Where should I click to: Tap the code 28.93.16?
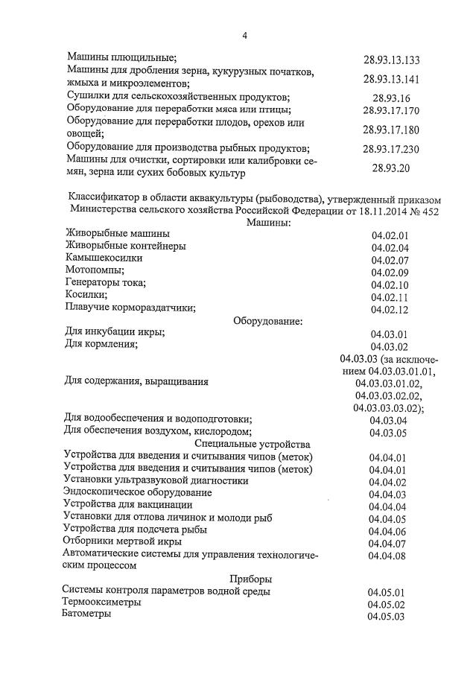[391, 98]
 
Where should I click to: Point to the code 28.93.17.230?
[391, 149]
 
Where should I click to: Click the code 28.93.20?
[391, 168]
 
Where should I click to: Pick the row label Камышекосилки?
[104, 258]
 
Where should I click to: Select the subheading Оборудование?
[268, 321]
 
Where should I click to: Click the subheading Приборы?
[250, 579]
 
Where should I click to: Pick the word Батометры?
[87, 614]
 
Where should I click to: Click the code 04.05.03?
[386, 617]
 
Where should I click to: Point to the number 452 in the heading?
[431, 212]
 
